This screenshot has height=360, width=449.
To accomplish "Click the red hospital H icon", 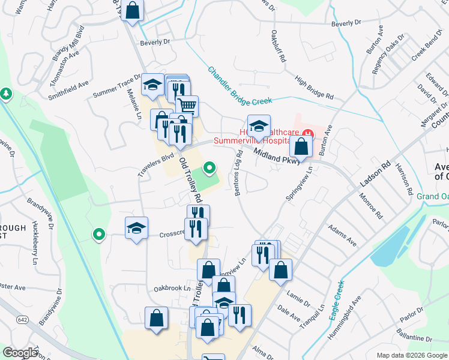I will (307, 133).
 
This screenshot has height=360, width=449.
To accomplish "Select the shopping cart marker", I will (187, 106).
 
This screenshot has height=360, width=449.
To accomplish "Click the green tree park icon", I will (6, 94).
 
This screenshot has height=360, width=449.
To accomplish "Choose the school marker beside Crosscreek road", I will (136, 228).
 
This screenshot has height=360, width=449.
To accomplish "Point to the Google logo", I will (20, 353).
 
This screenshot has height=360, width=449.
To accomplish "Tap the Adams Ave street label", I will (342, 236).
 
